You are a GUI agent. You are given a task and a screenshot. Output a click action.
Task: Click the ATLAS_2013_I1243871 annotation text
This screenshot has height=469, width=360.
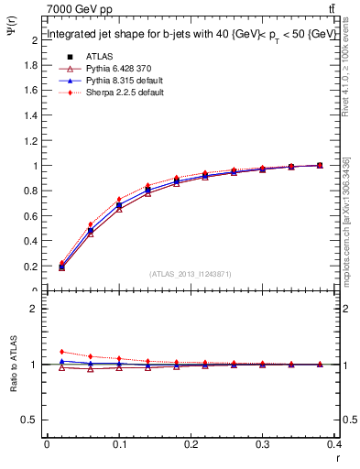click(x=191, y=274)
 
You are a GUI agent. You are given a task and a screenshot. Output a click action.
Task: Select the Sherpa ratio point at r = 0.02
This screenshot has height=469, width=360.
click(x=61, y=352)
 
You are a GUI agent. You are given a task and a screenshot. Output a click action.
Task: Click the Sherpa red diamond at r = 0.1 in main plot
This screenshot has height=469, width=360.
click(x=119, y=199)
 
